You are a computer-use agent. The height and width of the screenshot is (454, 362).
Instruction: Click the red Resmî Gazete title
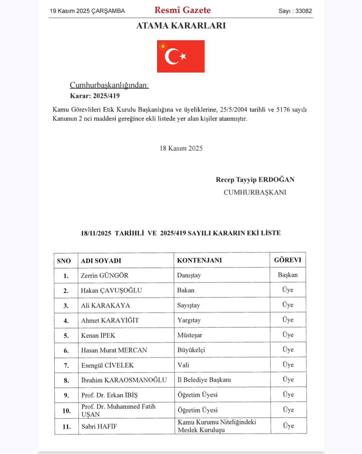point(183,10)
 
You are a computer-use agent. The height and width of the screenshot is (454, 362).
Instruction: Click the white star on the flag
point(183,56)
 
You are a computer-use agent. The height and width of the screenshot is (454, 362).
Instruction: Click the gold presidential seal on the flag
point(163,46)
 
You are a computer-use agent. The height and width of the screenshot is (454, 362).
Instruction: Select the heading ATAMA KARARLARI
point(181,26)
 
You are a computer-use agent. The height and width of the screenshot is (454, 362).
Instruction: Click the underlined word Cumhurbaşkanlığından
point(109,85)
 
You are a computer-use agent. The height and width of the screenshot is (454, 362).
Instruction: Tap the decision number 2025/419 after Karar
point(106,96)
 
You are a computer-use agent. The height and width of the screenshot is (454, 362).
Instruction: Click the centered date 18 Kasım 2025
point(181,148)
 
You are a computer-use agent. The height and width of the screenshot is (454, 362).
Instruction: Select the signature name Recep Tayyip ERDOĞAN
point(255,180)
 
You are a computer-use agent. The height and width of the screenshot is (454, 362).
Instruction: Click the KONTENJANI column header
point(199,260)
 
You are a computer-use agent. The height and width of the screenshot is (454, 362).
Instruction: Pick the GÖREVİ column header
point(288,260)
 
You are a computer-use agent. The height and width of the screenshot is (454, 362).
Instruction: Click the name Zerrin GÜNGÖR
point(104,275)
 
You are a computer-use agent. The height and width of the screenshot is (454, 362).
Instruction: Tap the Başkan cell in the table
point(288,275)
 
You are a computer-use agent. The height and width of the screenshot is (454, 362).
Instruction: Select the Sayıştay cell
point(189,305)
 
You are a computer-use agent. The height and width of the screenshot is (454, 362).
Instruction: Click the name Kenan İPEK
point(98,335)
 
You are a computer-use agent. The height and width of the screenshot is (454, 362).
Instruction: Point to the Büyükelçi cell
point(191,350)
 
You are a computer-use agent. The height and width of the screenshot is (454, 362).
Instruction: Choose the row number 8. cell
point(66,380)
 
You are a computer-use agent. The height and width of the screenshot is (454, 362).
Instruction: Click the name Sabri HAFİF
point(99,426)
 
